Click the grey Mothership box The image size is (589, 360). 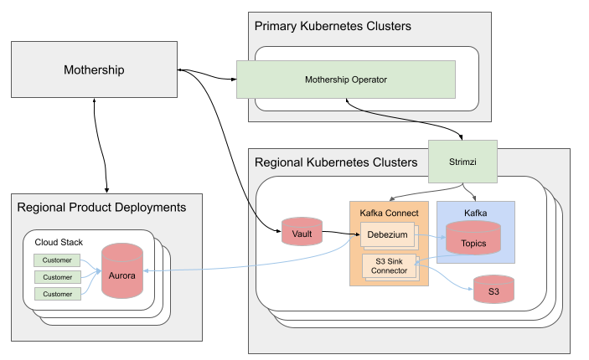(x=94, y=69)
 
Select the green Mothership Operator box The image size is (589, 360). (x=345, y=80)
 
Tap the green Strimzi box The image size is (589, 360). (x=462, y=160)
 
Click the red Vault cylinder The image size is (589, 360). (x=302, y=233)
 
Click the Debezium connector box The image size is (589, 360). (x=387, y=235)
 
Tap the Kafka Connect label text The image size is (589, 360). (x=388, y=213)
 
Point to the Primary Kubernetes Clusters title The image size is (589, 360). (x=333, y=27)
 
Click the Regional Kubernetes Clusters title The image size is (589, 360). (x=335, y=162)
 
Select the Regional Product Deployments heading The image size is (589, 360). (x=101, y=207)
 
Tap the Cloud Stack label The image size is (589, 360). (x=59, y=242)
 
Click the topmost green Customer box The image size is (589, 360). (x=58, y=260)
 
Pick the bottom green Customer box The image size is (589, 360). (x=58, y=294)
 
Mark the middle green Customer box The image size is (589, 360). (x=58, y=277)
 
